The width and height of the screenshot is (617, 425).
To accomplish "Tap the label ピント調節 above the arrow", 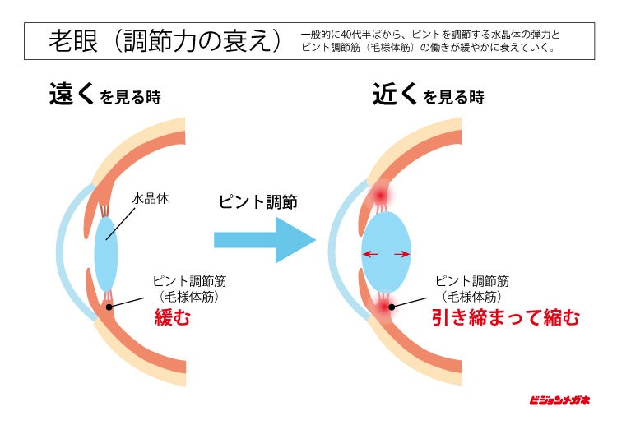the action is click(257, 201).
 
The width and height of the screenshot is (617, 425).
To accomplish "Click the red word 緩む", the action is click(172, 316).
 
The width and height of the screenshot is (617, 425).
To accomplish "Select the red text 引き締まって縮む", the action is click(506, 316).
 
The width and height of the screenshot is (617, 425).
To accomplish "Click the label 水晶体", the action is click(150, 198).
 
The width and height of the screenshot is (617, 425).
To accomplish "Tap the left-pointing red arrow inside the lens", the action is click(370, 255).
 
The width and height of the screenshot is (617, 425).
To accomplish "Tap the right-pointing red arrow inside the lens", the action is click(401, 255).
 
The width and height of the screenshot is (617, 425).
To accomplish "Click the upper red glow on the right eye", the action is click(380, 195).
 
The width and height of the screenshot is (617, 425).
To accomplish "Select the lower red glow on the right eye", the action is click(384, 307).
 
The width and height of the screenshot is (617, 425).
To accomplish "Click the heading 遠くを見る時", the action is click(104, 95).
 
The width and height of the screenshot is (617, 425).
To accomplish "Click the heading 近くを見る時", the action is click(428, 95).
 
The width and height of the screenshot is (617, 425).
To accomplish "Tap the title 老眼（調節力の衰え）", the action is click(165, 39).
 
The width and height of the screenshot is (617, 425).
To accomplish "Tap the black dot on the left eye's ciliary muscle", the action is click(109, 306).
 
